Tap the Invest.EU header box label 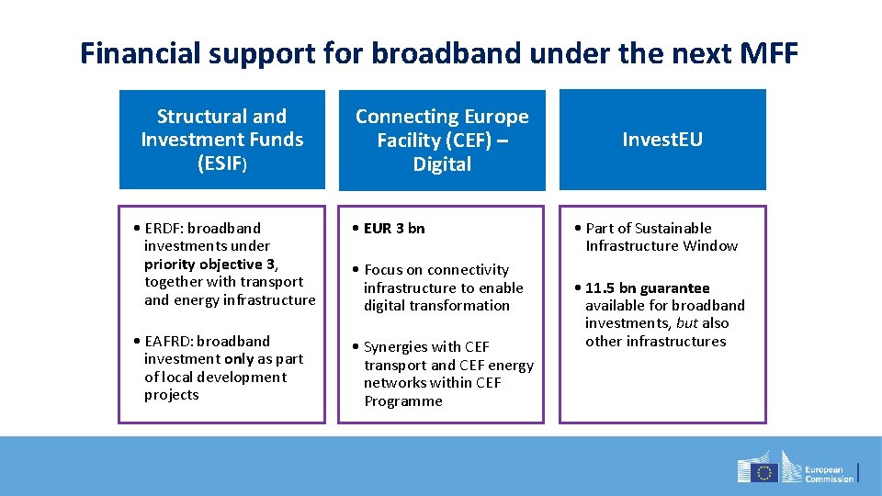tap(662, 140)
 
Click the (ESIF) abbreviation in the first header tap(222, 163)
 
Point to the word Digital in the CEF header tap(442, 164)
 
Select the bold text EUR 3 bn tap(394, 229)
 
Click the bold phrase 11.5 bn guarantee tap(647, 288)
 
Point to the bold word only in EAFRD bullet tap(242, 359)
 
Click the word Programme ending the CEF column tap(403, 401)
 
